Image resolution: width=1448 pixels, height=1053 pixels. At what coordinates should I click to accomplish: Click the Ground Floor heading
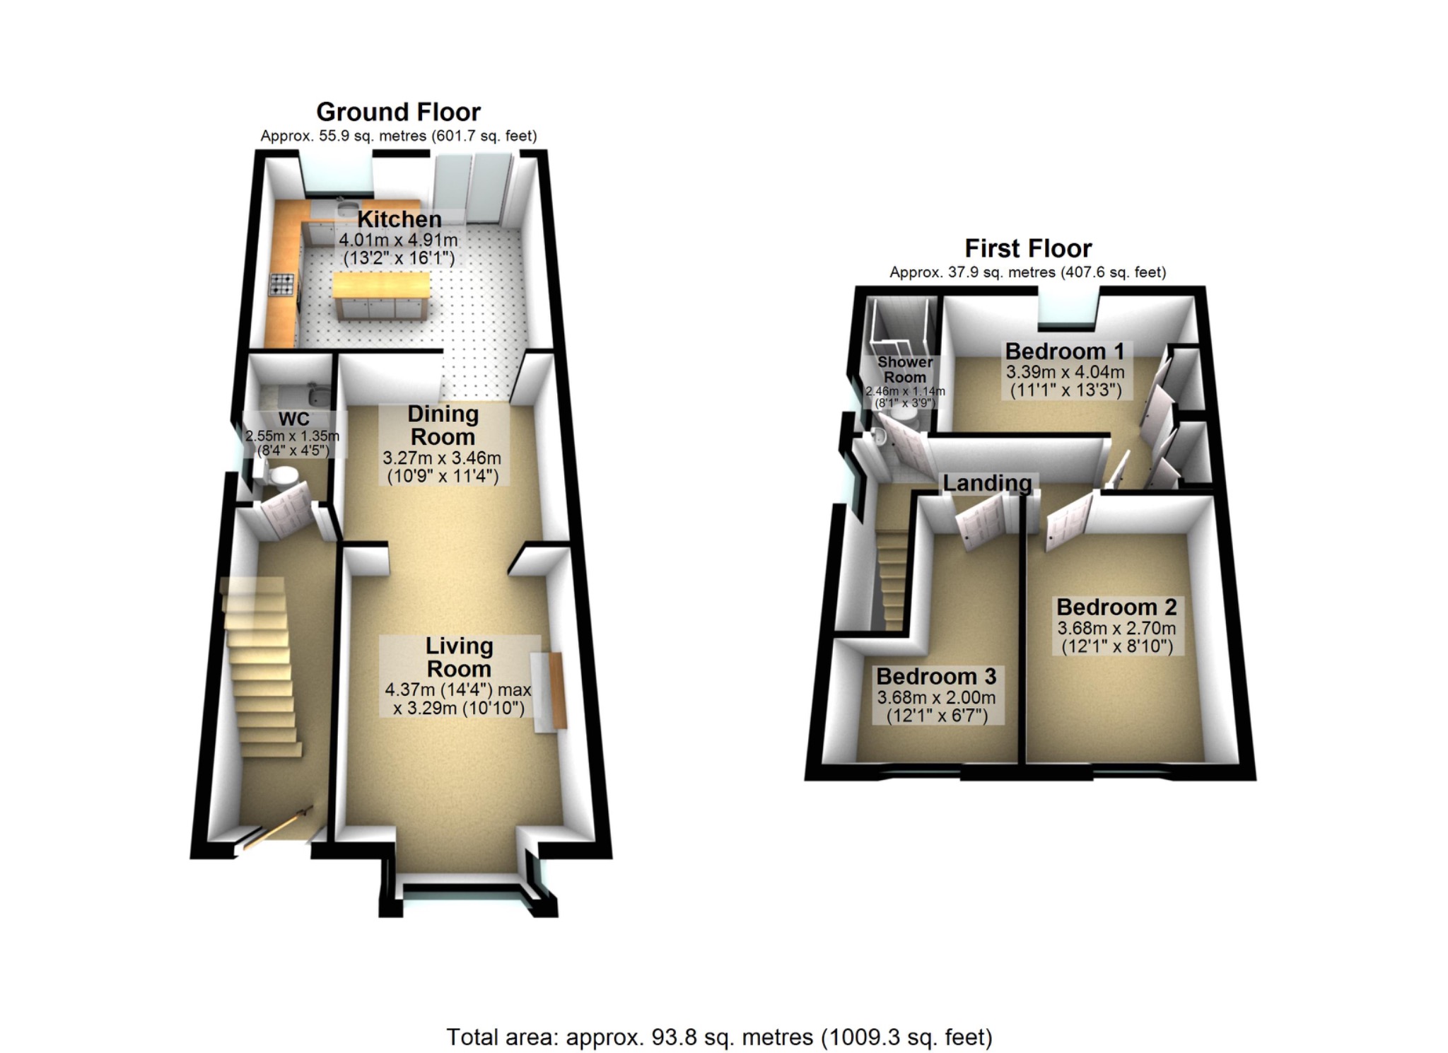(x=398, y=112)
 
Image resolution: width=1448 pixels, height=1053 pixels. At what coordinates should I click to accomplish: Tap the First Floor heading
(x=1027, y=248)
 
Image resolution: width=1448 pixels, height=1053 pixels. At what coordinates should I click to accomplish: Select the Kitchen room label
(x=399, y=219)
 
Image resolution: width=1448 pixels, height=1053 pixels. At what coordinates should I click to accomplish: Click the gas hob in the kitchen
(x=281, y=284)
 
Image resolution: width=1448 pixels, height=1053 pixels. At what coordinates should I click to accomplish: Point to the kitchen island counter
(x=380, y=286)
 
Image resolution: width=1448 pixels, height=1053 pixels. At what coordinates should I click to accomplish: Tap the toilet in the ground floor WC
(x=281, y=475)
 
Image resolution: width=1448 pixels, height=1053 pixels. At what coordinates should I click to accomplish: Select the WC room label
(x=293, y=419)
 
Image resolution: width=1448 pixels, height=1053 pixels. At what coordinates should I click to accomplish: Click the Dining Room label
(x=443, y=425)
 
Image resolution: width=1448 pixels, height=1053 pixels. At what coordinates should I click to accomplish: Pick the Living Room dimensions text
(x=457, y=698)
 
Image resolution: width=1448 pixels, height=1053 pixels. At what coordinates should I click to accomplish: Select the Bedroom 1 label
(x=1065, y=351)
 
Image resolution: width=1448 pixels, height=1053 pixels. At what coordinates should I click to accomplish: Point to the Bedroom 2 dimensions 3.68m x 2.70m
(x=1116, y=628)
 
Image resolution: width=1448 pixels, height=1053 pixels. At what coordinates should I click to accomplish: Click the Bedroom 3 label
(x=936, y=676)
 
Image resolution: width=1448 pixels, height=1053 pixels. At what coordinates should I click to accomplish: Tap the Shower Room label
(x=904, y=369)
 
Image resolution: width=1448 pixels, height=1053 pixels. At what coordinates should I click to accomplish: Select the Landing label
(x=987, y=483)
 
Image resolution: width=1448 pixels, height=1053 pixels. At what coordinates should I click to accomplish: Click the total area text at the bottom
(x=719, y=1037)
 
